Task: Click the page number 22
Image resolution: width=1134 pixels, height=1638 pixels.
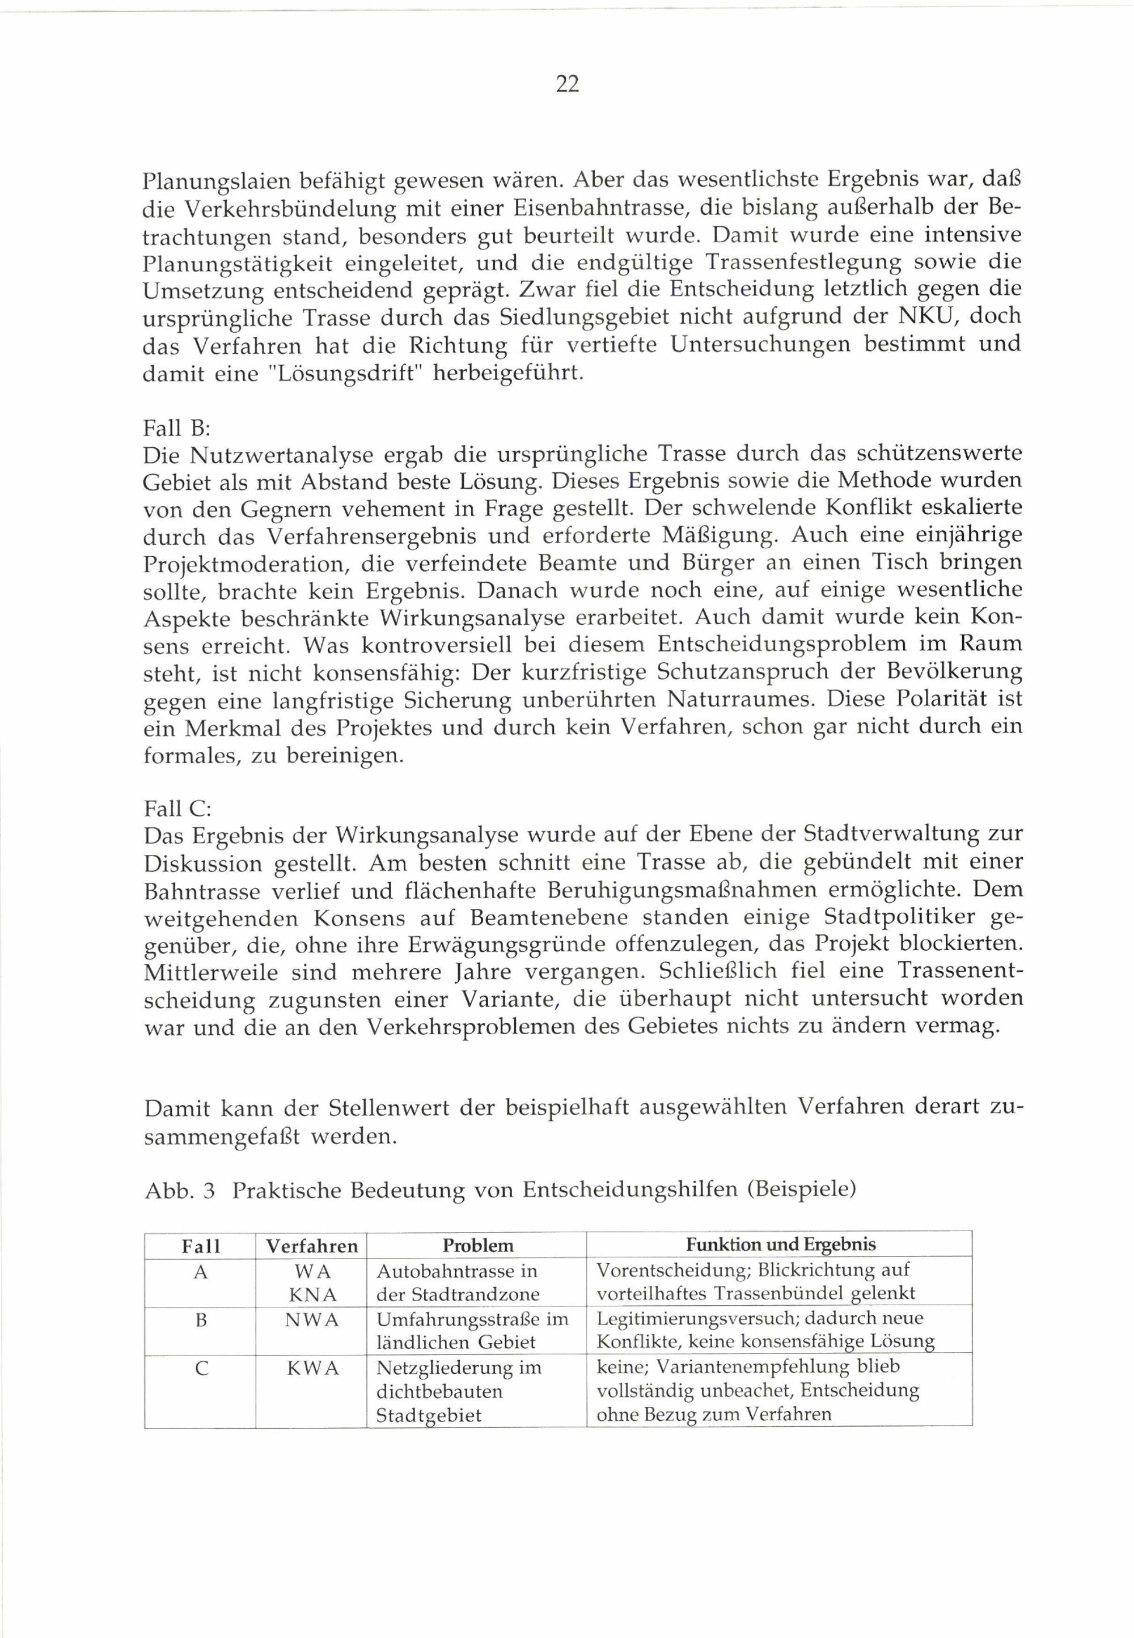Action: (x=566, y=84)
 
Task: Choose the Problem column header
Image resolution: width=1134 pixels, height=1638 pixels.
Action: (x=477, y=1246)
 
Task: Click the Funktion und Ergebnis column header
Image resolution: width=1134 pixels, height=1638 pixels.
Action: (x=780, y=1245)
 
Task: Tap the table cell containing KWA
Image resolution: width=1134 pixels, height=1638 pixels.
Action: (x=312, y=1368)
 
